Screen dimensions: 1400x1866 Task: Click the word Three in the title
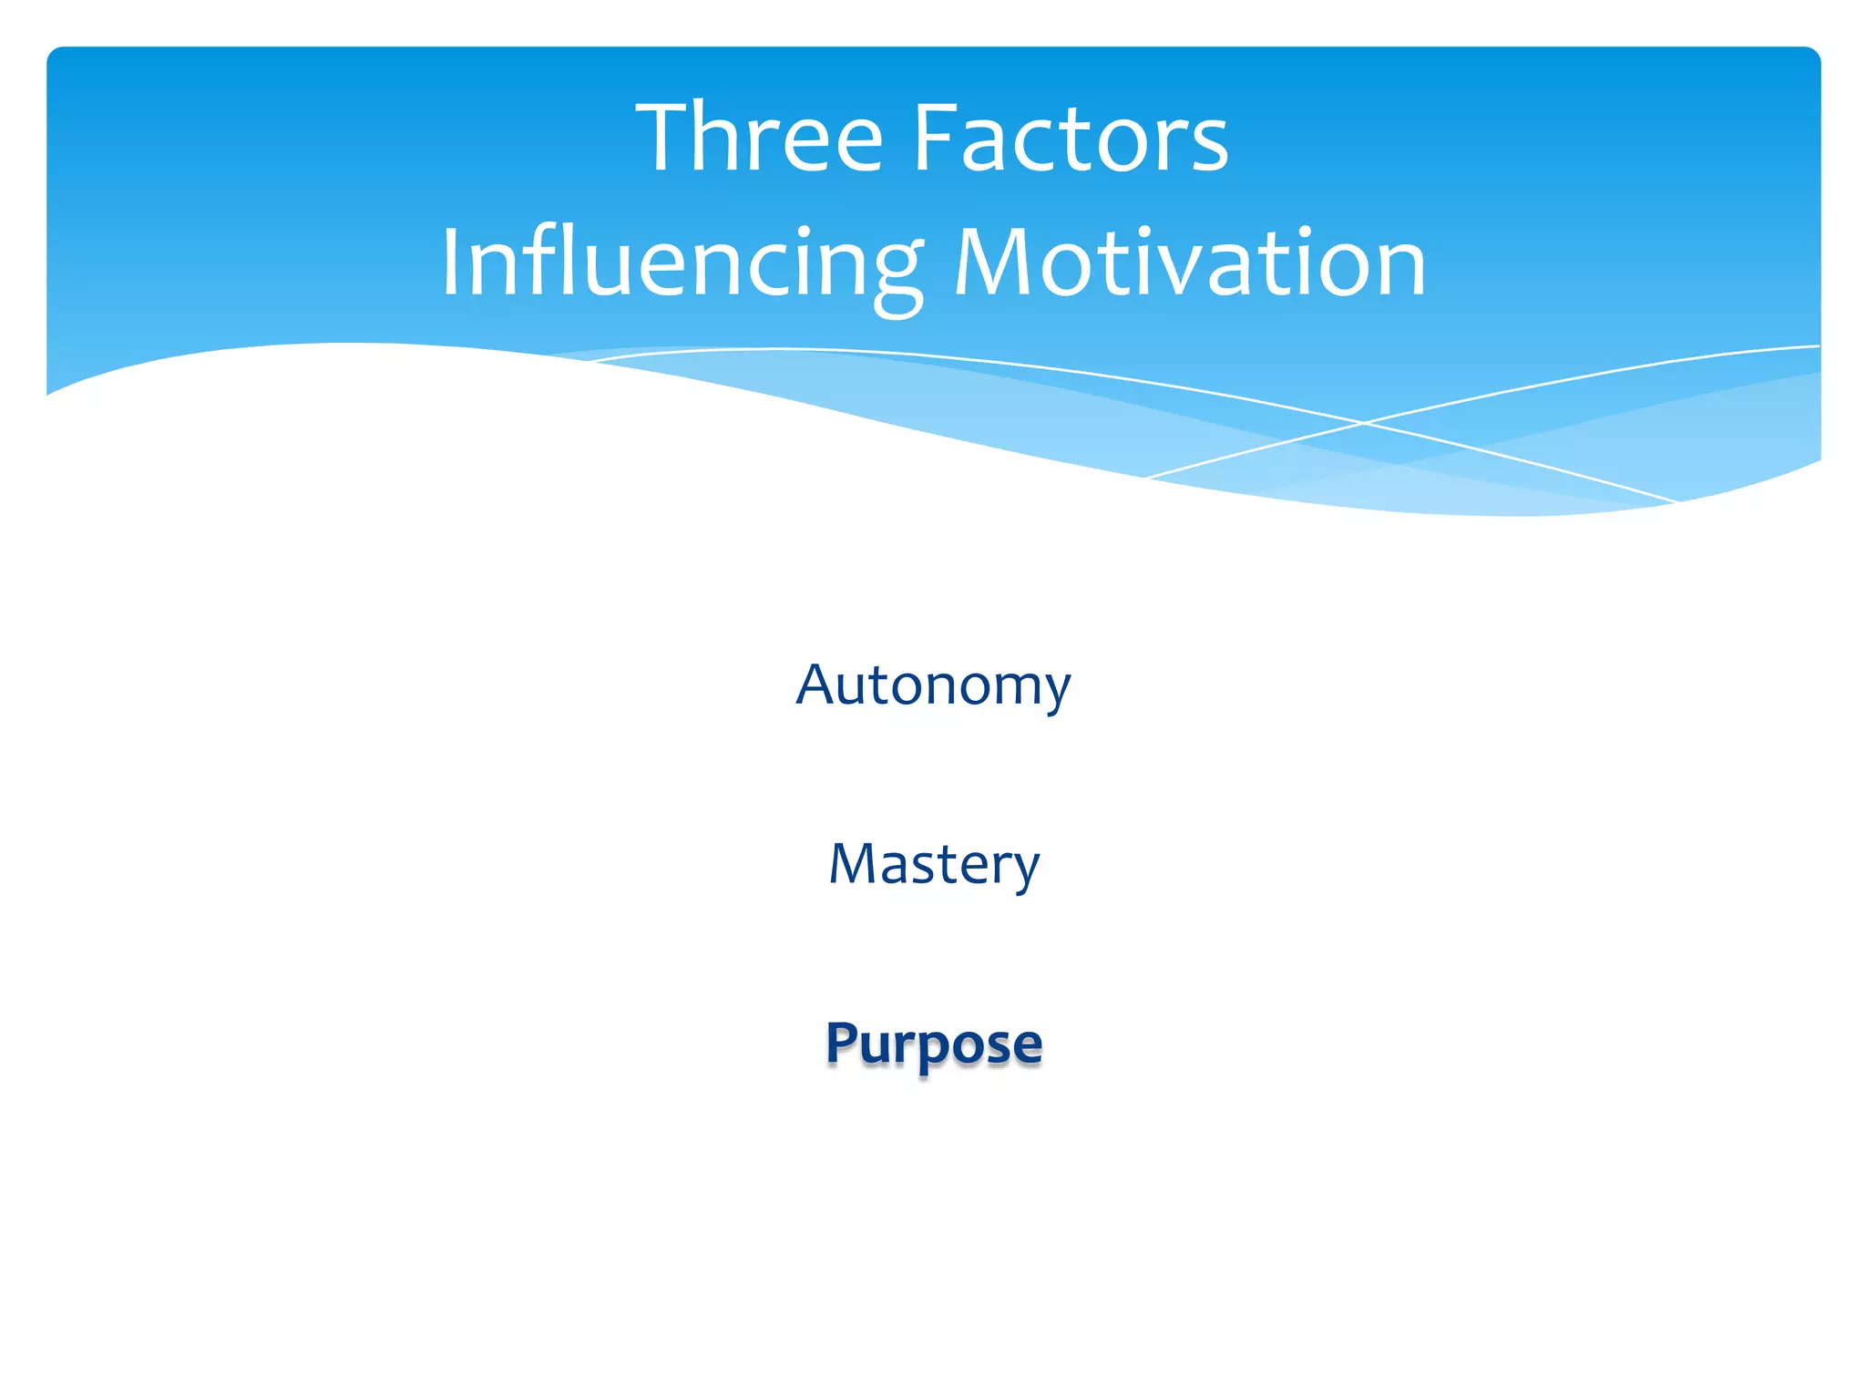(x=760, y=139)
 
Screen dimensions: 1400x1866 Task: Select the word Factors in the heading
(x=1071, y=139)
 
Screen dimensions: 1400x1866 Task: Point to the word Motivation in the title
(x=1190, y=264)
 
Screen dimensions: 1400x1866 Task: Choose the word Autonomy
(x=933, y=685)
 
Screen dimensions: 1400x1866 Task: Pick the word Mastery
(x=934, y=864)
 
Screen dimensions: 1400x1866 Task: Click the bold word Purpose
(x=934, y=1043)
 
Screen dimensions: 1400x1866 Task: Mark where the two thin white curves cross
(x=1363, y=423)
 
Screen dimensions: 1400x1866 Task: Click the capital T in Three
(x=666, y=139)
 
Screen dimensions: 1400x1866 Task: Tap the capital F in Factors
(x=932, y=139)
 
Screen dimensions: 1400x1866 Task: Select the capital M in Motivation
(x=990, y=264)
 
